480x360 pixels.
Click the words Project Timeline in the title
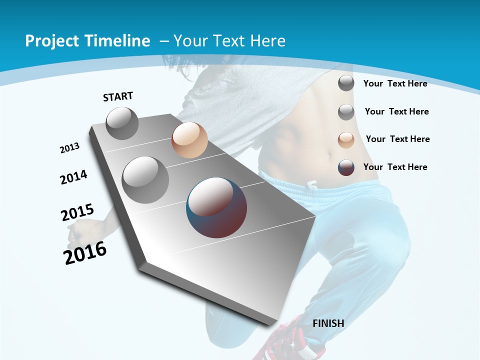coord(87,41)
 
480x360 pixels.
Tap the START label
coord(118,96)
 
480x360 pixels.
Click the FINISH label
coord(328,323)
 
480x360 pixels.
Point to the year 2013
coord(70,148)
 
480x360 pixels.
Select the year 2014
coord(74,177)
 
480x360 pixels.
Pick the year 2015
coord(77,212)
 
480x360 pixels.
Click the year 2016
coord(85,253)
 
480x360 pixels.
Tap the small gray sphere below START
coord(122,123)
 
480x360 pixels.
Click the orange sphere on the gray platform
coord(189,140)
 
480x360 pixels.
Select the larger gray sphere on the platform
coord(145,179)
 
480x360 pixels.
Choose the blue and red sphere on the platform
coord(216,207)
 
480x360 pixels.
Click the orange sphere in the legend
coord(346,140)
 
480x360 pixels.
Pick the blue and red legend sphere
coord(346,167)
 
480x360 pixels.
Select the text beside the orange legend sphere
coord(397,139)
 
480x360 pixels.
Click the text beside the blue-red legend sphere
coord(395,167)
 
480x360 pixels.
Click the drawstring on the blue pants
coord(312,185)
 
